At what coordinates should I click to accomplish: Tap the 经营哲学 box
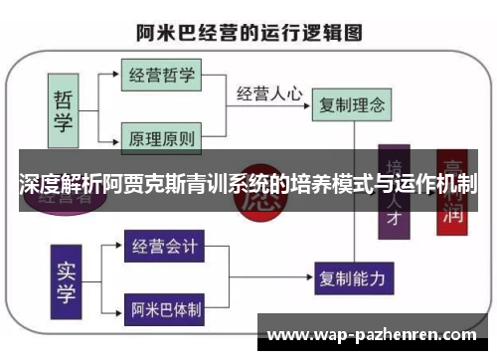(x=162, y=74)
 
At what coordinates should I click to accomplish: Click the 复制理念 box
(x=350, y=102)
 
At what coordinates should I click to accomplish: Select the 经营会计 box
(x=164, y=245)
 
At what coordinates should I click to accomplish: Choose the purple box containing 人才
(x=395, y=194)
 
